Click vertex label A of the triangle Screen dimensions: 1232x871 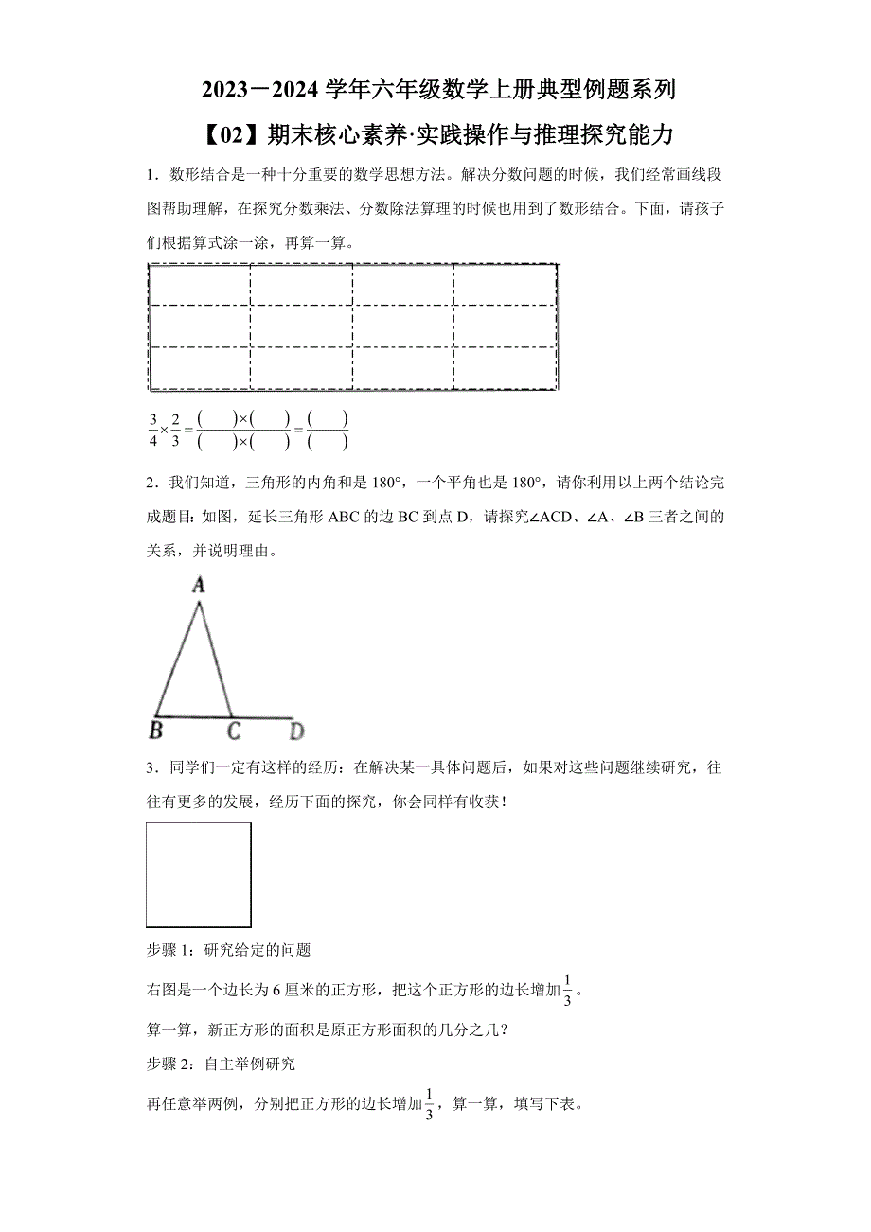[199, 585]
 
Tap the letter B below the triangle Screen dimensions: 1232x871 [156, 730]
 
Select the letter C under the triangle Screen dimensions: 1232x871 [233, 730]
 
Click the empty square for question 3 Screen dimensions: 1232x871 [199, 874]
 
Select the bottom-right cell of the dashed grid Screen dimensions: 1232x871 [505, 368]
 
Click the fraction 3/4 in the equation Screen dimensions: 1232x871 [152, 430]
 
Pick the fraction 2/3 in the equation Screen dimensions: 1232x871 [175, 430]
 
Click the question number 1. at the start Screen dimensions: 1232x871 [151, 175]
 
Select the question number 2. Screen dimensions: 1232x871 [151, 484]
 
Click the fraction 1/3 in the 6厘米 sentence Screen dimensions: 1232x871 [567, 991]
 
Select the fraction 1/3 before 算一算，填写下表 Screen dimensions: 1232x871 [429, 1104]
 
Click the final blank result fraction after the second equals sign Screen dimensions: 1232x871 [328, 430]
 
